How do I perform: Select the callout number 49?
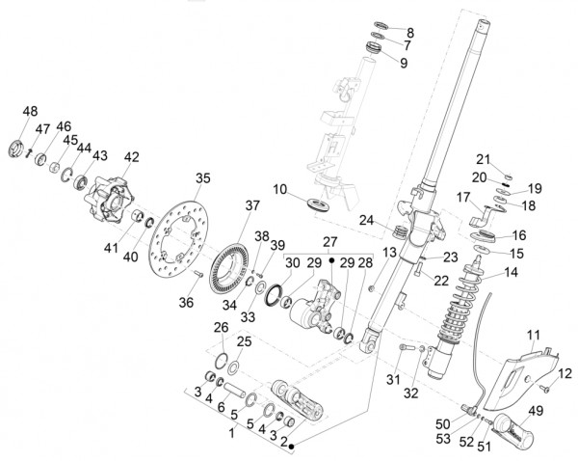(535, 410)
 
